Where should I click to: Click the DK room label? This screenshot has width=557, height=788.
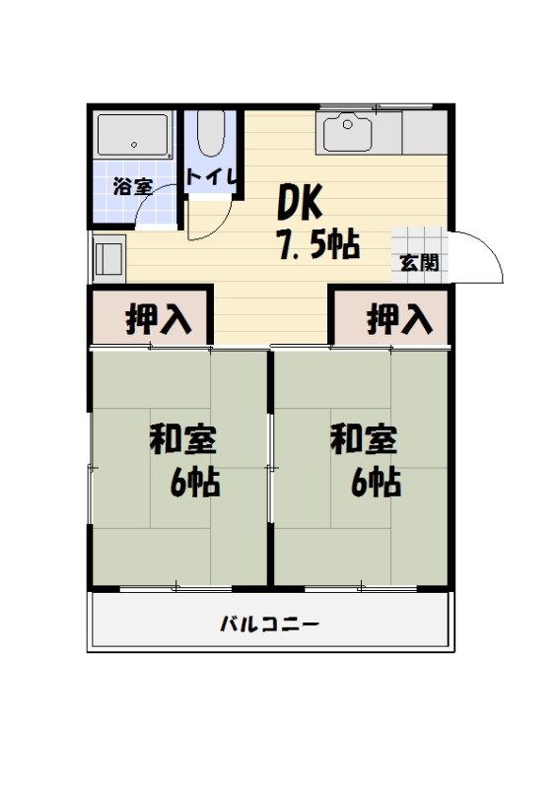pyautogui.click(x=300, y=202)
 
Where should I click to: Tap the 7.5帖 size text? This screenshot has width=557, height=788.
pyautogui.click(x=317, y=245)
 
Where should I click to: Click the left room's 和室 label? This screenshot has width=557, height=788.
pyautogui.click(x=183, y=438)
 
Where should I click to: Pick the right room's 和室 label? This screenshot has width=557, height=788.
pyautogui.click(x=364, y=438)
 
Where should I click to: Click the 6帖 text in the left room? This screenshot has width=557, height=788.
pyautogui.click(x=195, y=483)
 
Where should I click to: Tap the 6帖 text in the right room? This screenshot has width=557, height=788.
pyautogui.click(x=376, y=483)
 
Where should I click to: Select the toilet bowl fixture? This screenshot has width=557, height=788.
pyautogui.click(x=210, y=136)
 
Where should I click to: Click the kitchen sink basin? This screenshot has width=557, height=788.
pyautogui.click(x=347, y=133)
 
